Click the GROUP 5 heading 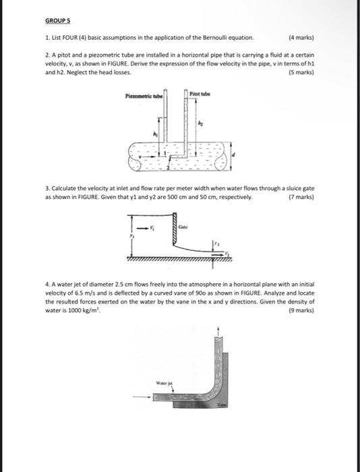pyautogui.click(x=57, y=21)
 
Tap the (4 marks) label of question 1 pyautogui.click(x=301, y=38)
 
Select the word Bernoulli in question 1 pyautogui.click(x=214, y=38)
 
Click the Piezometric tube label pyautogui.click(x=144, y=96)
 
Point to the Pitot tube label pyautogui.click(x=200, y=94)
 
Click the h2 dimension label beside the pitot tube pyautogui.click(x=200, y=123)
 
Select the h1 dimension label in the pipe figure pyautogui.click(x=156, y=134)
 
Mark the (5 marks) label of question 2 pyautogui.click(x=301, y=73)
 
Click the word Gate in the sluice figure pyautogui.click(x=183, y=227)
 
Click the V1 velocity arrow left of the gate pyautogui.click(x=142, y=228)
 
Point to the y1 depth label pyautogui.click(x=131, y=236)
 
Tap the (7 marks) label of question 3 pyautogui.click(x=301, y=198)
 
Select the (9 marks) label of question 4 pyautogui.click(x=301, y=310)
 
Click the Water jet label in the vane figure pyautogui.click(x=164, y=383)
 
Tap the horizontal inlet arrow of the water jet pyautogui.click(x=142, y=397)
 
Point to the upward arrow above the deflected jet pyautogui.click(x=219, y=331)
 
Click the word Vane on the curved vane pyautogui.click(x=222, y=405)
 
